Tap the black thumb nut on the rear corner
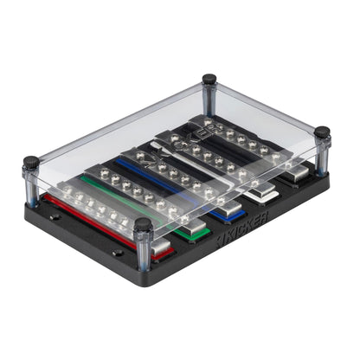click(x=209, y=80)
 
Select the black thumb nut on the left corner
click(x=32, y=162)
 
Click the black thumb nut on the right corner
click(x=322, y=133)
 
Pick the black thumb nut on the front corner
click(x=144, y=224)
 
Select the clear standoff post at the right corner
click(x=322, y=157)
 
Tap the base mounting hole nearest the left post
click(x=53, y=216)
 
